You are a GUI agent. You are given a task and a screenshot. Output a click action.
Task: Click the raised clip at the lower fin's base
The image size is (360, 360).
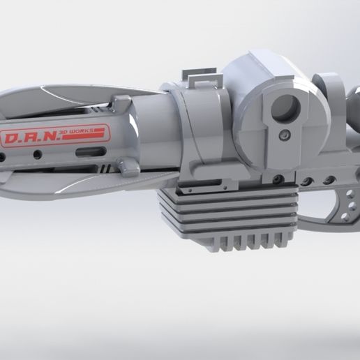pos(128,166)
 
